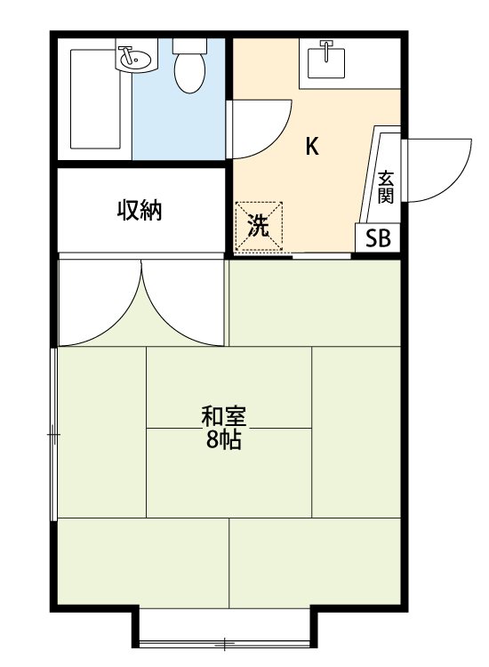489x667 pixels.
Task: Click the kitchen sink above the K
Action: pyautogui.click(x=327, y=62)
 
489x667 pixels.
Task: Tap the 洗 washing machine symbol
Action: pyautogui.click(x=258, y=226)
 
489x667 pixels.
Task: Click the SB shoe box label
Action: pyautogui.click(x=377, y=238)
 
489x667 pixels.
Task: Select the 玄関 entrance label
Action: pyautogui.click(x=385, y=186)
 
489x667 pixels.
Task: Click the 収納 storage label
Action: pyautogui.click(x=140, y=211)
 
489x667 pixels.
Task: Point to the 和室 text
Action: pyautogui.click(x=223, y=416)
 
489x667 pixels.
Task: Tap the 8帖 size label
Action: pyautogui.click(x=223, y=439)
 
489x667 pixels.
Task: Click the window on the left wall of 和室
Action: pyautogui.click(x=54, y=434)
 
